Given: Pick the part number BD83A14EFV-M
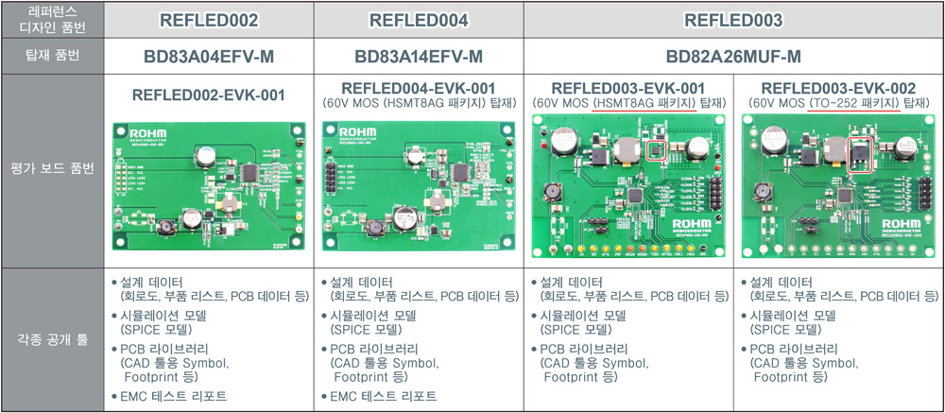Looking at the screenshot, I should tap(419, 57).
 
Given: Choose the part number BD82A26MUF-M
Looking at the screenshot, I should tap(733, 57).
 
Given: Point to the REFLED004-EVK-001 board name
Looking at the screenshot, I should tap(419, 88).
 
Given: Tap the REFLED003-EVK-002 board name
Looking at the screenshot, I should tap(838, 88).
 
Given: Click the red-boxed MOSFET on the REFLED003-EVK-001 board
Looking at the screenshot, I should tap(653, 149).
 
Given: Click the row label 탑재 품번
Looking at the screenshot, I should tap(52, 57).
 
